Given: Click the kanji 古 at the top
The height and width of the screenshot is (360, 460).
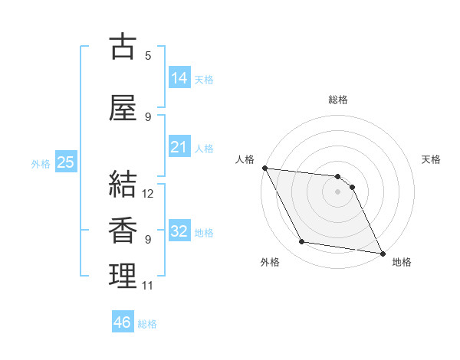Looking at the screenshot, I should pos(123,47).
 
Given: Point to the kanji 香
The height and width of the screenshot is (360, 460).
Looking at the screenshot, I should pos(123,231).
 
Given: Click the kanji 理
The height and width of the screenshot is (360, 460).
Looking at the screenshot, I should pos(123,277).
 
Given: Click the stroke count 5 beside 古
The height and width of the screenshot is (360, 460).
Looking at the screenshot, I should pos(148,56).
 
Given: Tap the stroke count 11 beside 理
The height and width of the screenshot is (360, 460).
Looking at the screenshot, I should pos(148,286).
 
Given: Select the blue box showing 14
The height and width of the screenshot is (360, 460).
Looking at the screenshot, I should pos(179,78).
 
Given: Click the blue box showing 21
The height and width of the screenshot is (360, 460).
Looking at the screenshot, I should pos(179,147).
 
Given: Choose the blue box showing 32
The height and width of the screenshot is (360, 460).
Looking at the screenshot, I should pos(179,231).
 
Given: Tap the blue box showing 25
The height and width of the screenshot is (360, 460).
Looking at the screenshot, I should pos(65,162).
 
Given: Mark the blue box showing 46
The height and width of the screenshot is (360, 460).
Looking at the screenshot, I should pos(123,322).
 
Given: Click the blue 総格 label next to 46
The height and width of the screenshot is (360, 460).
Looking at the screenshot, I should pos(147,324).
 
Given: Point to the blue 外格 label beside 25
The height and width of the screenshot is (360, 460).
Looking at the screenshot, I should pos(41,164).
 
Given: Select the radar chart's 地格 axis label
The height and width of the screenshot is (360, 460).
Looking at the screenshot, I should pos(402,262).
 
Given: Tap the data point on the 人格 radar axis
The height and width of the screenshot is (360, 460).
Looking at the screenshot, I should pos(264,168).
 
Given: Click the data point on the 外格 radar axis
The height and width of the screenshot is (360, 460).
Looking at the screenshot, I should pos(302,242).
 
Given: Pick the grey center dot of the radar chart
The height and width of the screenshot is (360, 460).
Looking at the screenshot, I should pos(337,191).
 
